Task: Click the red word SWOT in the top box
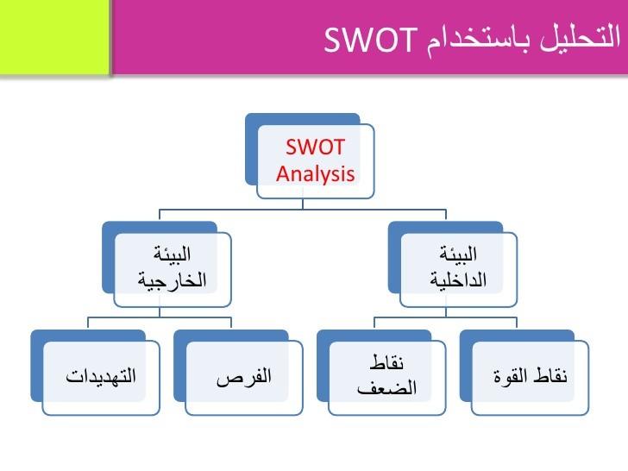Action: pyautogui.click(x=315, y=148)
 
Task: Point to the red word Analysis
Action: pyautogui.click(x=315, y=173)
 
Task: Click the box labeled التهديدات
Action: pyautogui.click(x=101, y=377)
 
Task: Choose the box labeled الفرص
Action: pyautogui.click(x=244, y=377)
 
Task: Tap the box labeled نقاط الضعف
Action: pyautogui.click(x=386, y=377)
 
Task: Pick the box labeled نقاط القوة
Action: pyautogui.click(x=530, y=377)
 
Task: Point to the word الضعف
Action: pyautogui.click(x=386, y=388)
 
